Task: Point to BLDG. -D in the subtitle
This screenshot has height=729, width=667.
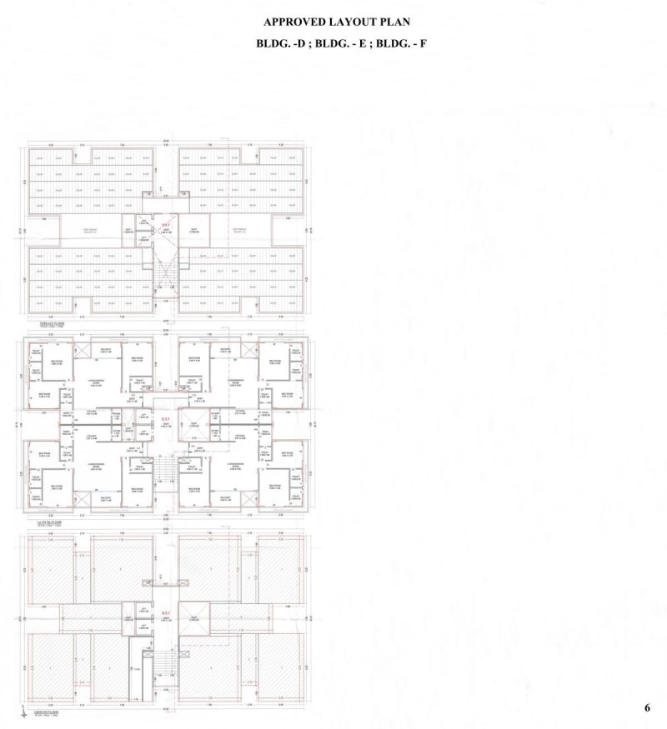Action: click(x=283, y=44)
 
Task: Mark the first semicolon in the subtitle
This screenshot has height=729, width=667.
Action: click(x=310, y=44)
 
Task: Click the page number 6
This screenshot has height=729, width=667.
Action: click(x=647, y=708)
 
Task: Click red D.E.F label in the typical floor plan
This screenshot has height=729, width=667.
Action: click(x=166, y=418)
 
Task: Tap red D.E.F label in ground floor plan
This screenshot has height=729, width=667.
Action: click(x=166, y=612)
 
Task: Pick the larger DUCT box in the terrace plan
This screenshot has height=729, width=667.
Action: click(x=193, y=231)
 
